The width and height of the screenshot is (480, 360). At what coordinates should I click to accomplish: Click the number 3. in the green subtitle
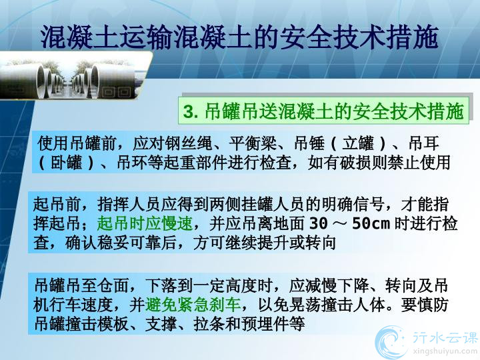tap(190, 111)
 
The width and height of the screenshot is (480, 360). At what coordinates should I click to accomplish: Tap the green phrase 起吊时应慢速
tap(145, 224)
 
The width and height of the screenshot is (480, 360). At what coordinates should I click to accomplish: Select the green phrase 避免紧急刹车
tap(193, 304)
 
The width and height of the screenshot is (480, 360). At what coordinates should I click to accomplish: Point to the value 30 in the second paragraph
tap(319, 224)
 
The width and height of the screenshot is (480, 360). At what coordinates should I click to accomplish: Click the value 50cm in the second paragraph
tap(371, 224)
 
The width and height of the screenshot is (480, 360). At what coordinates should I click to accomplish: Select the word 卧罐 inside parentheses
tap(67, 163)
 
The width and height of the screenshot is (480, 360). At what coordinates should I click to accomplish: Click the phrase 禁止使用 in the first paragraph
tap(419, 163)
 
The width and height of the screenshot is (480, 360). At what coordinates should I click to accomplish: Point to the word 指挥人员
tap(129, 205)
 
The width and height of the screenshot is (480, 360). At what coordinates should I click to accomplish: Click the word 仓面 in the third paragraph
tap(113, 285)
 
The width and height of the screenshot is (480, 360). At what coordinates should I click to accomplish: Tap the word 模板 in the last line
tap(113, 323)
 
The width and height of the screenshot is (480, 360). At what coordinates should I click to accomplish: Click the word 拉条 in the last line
tap(209, 323)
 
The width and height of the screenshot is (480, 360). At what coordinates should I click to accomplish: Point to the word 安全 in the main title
tap(307, 37)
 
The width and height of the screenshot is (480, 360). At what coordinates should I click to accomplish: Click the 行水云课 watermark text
tap(445, 338)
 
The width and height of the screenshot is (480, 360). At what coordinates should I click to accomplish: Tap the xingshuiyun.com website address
tap(445, 351)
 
